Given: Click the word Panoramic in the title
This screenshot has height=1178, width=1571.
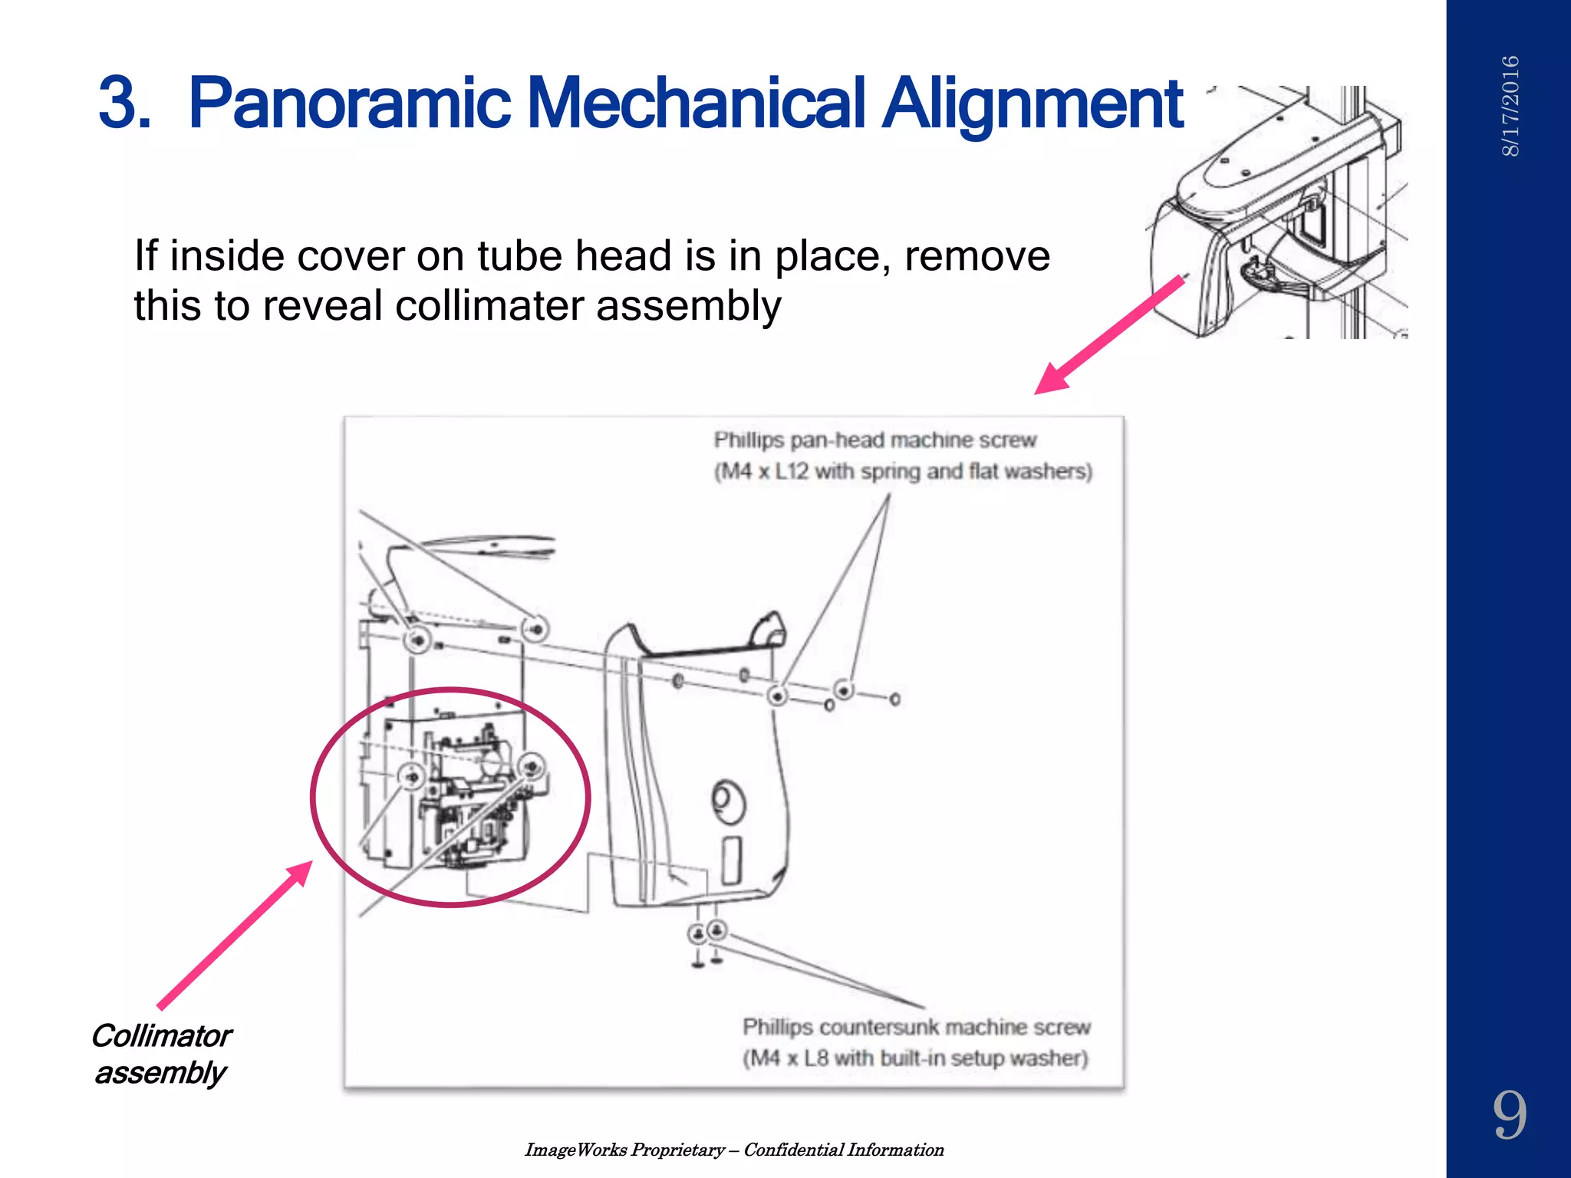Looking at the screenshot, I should [x=349, y=104].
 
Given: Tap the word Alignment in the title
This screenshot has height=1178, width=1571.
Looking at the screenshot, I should [x=1033, y=104].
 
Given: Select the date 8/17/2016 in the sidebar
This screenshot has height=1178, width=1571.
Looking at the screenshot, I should [x=1510, y=106].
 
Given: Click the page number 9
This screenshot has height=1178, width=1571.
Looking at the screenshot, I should [x=1509, y=1116].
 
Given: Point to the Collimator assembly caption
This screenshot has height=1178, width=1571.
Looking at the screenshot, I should [x=161, y=1054].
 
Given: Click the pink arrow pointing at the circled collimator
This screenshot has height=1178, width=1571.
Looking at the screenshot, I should [x=234, y=935].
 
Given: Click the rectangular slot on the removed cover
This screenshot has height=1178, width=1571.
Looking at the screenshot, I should [x=732, y=860].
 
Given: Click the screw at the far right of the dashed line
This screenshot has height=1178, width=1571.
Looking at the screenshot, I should [x=894, y=699].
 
